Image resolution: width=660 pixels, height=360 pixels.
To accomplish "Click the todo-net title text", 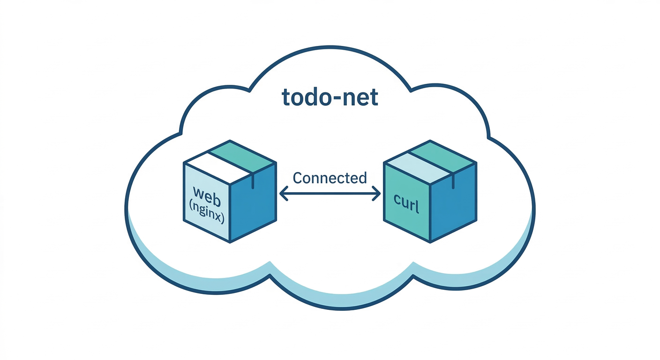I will click(x=330, y=97).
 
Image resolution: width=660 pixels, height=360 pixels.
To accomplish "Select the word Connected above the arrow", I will click(x=330, y=178).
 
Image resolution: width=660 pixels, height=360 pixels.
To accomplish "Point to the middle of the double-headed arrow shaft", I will click(x=330, y=193).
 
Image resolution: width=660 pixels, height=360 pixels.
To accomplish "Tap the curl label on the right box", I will click(x=406, y=206).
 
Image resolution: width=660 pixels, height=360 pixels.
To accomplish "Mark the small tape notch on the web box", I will click(x=253, y=180).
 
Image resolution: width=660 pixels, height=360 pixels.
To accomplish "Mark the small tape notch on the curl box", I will click(x=453, y=180).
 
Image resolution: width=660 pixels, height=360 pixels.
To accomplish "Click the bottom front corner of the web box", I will click(x=230, y=242).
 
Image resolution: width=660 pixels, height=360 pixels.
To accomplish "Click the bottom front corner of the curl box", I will click(x=430, y=242).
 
